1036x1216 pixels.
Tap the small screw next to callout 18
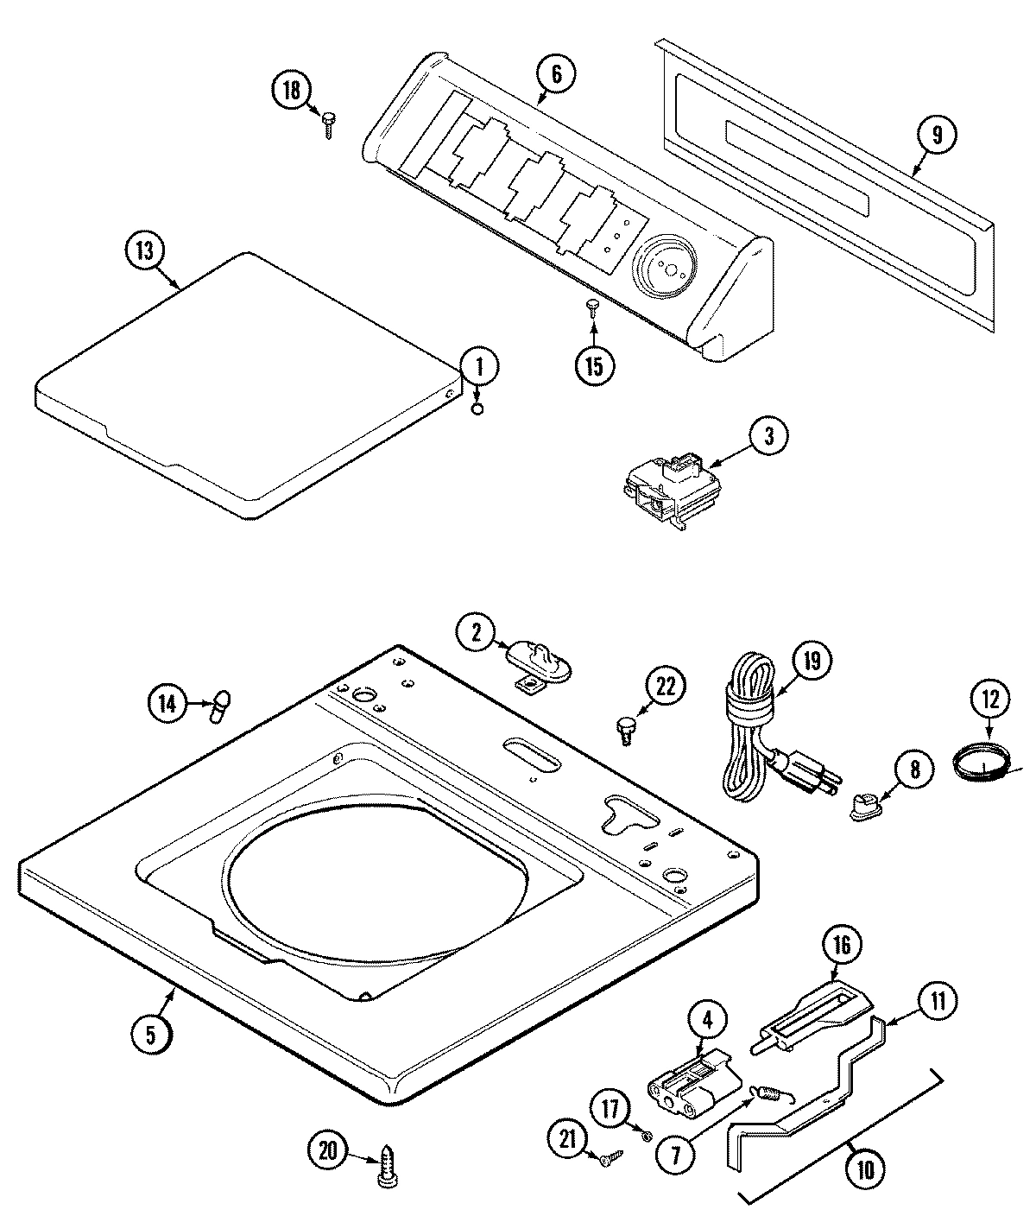329,123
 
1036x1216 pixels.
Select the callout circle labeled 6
555,74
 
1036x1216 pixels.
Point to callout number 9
937,135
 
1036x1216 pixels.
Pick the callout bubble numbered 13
144,251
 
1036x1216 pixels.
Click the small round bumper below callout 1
476,408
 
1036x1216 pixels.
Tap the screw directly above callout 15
592,307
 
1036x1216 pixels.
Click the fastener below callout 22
623,728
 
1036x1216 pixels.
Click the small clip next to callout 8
863,807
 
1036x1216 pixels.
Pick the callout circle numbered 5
151,1035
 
